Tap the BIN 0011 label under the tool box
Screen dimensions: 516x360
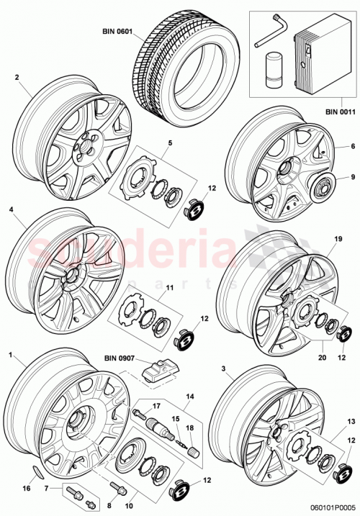click(338, 111)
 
